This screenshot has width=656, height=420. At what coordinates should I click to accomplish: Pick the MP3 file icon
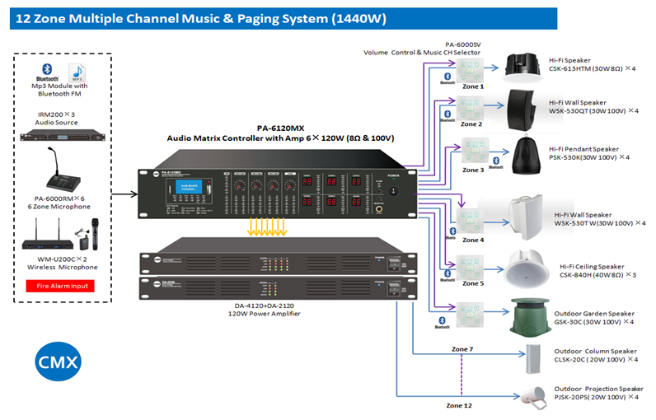point(79,72)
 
